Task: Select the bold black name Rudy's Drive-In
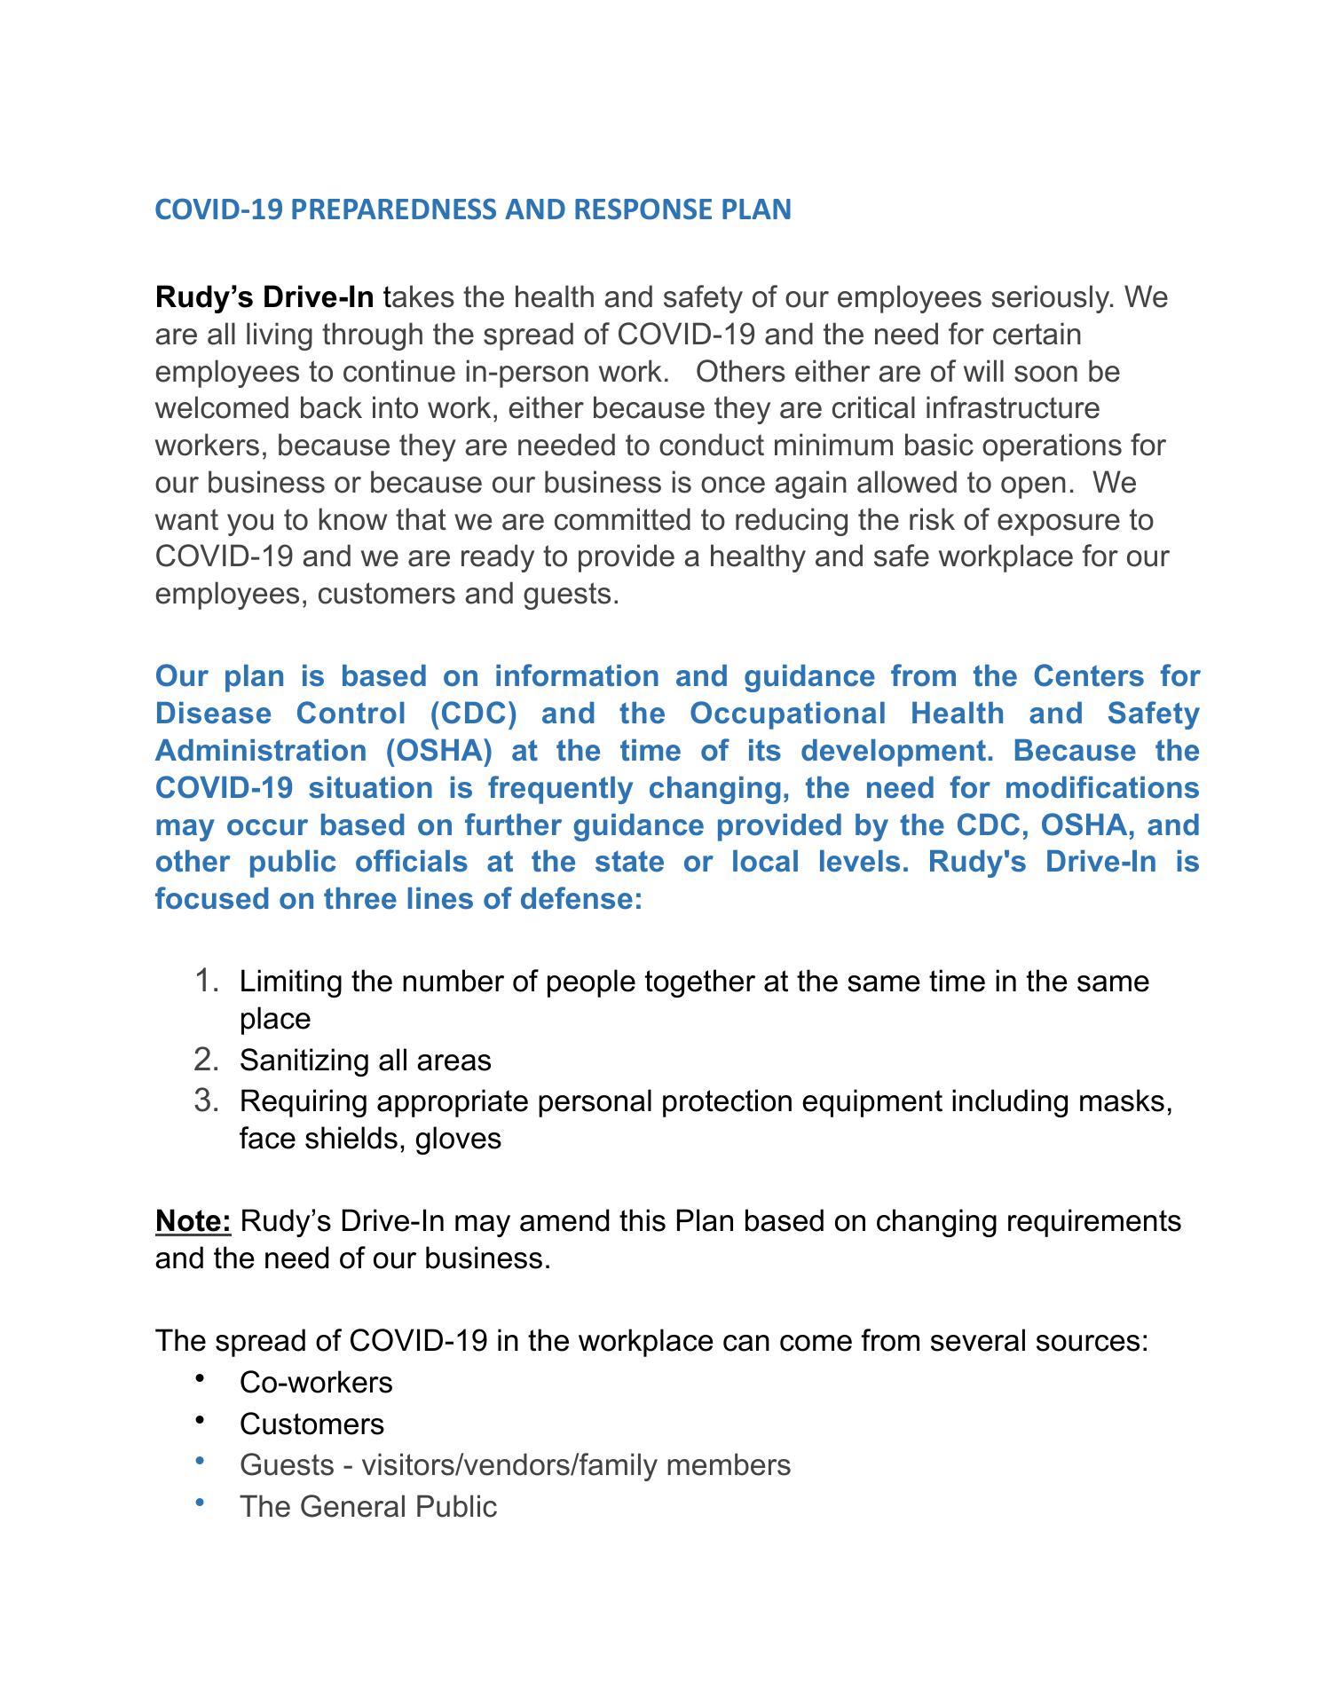coord(264,297)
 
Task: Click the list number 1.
coord(206,982)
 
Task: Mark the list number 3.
coord(206,1102)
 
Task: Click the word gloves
coord(458,1139)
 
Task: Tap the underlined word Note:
coord(193,1222)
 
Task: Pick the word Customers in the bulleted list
coord(312,1424)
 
